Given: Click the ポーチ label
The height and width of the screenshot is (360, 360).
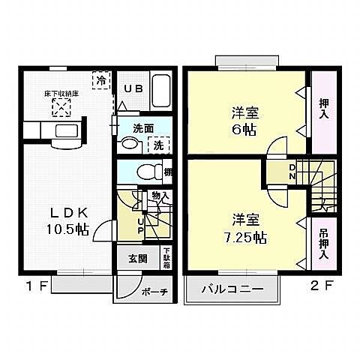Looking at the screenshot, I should (x=154, y=290).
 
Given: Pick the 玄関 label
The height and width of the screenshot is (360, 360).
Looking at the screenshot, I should (x=137, y=259).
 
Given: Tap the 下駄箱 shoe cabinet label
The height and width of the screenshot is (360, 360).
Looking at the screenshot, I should (x=166, y=259).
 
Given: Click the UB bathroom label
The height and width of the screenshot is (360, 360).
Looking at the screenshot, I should (x=133, y=88).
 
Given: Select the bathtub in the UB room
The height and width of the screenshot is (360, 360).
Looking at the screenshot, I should (x=160, y=92).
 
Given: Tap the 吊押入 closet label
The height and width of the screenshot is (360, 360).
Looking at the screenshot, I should (x=324, y=244).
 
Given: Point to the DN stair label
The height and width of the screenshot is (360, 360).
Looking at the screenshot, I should (x=293, y=172).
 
